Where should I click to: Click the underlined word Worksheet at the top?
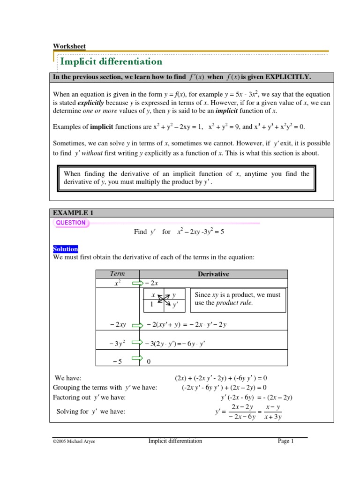point(69,46)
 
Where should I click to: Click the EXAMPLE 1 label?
point(70,213)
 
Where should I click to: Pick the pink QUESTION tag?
point(71,223)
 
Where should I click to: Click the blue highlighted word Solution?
point(66,249)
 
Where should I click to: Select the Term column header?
point(118,274)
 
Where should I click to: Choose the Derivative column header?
point(213,274)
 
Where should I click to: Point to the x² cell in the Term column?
point(118,283)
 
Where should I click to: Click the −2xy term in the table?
point(118,324)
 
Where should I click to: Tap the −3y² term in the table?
point(118,345)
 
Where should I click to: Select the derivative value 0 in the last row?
point(149,361)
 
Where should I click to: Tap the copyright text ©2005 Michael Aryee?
point(74,442)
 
